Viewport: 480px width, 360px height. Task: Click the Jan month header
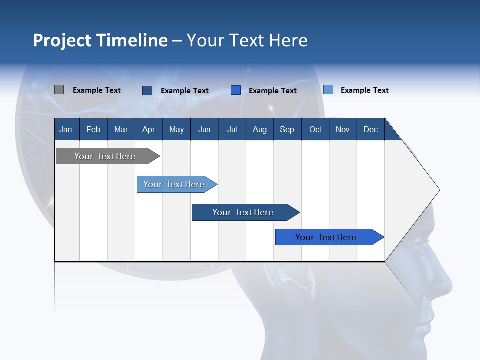click(66, 129)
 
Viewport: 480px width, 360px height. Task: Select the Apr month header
click(148, 129)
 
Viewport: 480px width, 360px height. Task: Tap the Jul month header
click(232, 129)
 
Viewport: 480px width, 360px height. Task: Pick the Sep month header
click(287, 129)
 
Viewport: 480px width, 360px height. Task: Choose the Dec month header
click(370, 129)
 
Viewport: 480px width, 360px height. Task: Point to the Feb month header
click(93, 129)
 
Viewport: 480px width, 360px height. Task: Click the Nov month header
click(342, 129)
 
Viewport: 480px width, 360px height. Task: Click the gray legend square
click(59, 90)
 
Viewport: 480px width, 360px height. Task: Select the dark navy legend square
click(147, 90)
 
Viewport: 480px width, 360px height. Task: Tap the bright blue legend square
click(236, 90)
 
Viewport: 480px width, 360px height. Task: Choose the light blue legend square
click(328, 90)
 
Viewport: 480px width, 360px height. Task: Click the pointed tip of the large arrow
click(439, 189)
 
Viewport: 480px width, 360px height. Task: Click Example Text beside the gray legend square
click(97, 90)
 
